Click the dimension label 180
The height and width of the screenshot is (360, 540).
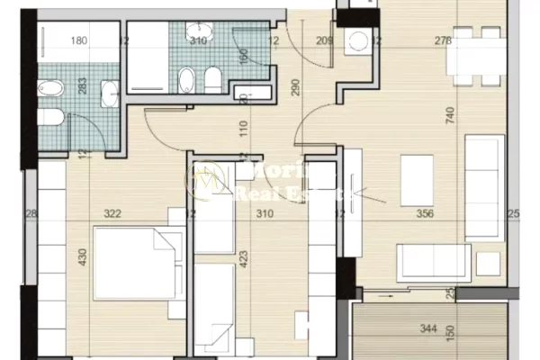coord(79,40)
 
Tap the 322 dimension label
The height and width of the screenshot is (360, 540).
coord(112,214)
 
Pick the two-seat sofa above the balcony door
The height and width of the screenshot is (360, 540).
coord(435,262)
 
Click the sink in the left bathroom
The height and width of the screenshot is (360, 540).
coord(111,91)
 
